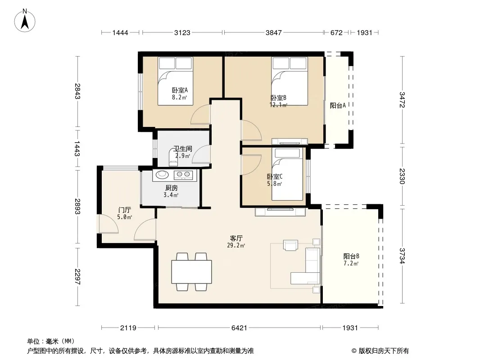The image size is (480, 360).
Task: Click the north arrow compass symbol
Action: click(x=24, y=21)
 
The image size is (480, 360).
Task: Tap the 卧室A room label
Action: click(x=180, y=90)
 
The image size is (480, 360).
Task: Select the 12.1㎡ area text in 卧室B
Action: click(x=278, y=105)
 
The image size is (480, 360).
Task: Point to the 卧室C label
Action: click(x=275, y=176)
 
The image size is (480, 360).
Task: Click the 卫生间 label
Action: click(x=183, y=148)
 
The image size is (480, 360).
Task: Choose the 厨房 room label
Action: click(x=171, y=188)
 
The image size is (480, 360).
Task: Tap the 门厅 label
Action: click(x=125, y=210)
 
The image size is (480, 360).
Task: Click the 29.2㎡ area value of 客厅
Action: click(x=235, y=245)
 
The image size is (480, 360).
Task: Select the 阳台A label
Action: click(x=338, y=105)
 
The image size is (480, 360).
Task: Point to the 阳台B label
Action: click(x=351, y=256)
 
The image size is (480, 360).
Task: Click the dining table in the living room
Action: click(x=192, y=272)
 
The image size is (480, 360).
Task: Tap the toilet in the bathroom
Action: click(x=173, y=157)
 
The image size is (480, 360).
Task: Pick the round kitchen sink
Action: click(x=162, y=175)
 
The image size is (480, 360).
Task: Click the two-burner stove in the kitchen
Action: click(x=183, y=175)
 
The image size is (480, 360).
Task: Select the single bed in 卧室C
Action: click(x=287, y=174)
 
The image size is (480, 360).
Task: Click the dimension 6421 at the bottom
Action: click(x=239, y=328)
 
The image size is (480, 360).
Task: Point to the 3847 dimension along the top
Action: click(x=273, y=32)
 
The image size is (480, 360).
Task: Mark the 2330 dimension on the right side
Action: click(x=402, y=176)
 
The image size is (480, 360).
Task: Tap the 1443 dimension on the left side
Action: click(x=77, y=148)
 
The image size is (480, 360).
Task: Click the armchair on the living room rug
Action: click(x=291, y=245)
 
